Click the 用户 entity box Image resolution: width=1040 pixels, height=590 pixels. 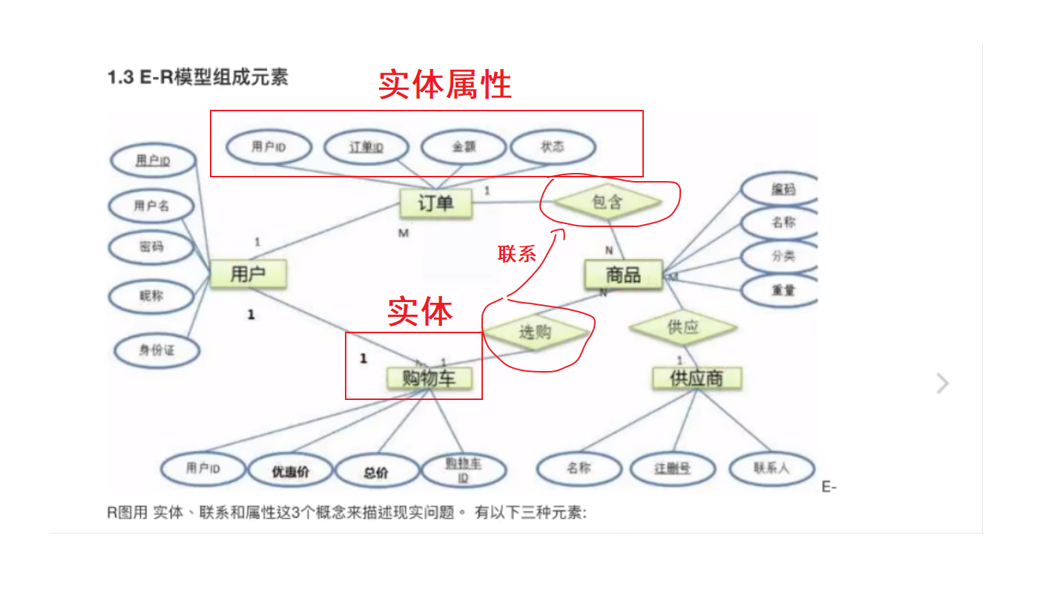pos(248,275)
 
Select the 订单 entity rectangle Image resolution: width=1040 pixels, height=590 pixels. pos(435,203)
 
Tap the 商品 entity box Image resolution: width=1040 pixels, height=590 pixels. pos(622,275)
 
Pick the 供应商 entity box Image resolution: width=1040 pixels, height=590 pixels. pos(696,378)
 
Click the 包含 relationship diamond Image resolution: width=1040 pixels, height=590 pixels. pos(608,202)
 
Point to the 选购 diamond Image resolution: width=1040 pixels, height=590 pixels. pos(535,332)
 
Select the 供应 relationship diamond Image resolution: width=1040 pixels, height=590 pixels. pos(682,327)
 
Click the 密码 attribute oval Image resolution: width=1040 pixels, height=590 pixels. pos(151,246)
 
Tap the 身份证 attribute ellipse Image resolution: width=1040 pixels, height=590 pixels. pos(157,350)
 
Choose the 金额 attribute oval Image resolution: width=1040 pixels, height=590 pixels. pos(464,147)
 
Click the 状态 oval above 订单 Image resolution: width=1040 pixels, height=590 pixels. pos(553,147)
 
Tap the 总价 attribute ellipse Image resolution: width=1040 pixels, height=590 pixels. pos(375,472)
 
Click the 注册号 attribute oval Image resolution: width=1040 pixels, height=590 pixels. pos(672,469)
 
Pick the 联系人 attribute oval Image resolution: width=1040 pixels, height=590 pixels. pos(771,469)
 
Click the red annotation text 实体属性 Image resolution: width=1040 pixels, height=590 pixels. pos(445,85)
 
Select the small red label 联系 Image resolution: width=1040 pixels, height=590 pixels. pos(517,254)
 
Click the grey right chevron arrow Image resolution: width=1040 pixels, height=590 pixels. pos(943,384)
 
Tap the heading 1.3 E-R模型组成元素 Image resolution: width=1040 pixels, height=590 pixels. pos(197,77)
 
